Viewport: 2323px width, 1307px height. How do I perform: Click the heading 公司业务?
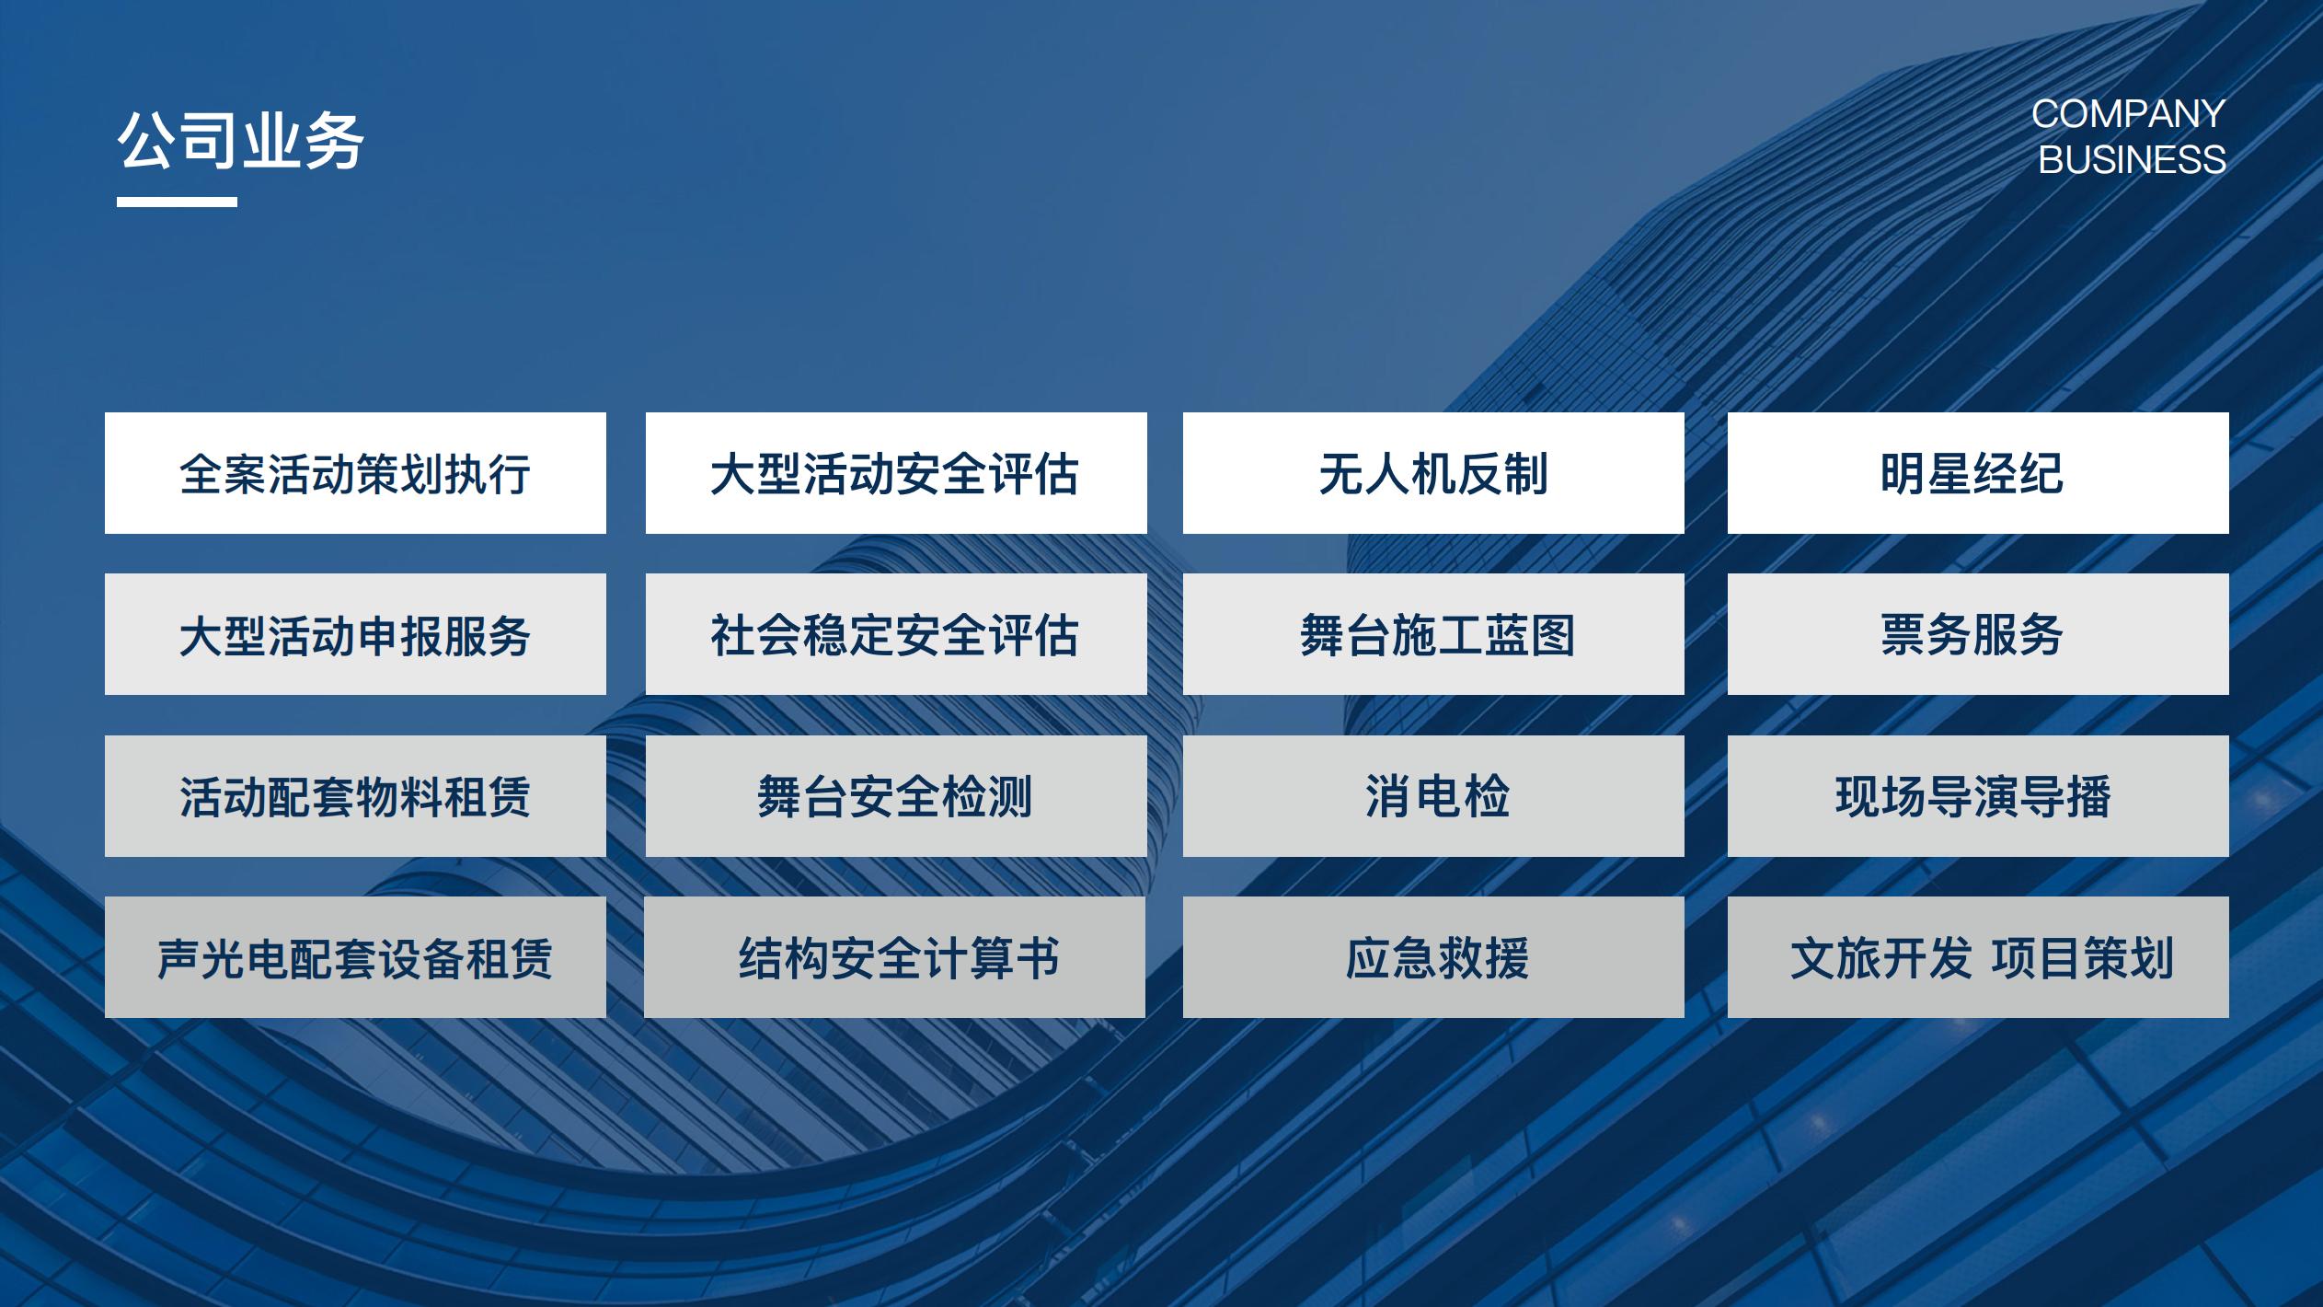tap(241, 142)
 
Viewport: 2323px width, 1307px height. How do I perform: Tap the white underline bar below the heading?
tap(177, 202)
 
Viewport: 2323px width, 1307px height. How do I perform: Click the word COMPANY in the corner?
tap(2128, 114)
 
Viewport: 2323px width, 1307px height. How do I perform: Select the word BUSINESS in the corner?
tap(2133, 159)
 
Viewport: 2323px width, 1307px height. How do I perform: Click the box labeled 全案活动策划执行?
tap(355, 473)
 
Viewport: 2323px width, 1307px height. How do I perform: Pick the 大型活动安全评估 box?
tap(896, 473)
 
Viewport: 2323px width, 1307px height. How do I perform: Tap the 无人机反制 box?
tap(1433, 473)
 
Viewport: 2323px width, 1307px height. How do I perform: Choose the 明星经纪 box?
tap(1978, 473)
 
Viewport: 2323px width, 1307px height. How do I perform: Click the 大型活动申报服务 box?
tap(355, 634)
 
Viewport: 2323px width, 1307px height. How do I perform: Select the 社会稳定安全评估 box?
tap(896, 634)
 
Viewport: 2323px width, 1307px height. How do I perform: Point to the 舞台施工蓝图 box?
tap(1433, 634)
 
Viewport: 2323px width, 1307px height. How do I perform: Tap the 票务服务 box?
tap(1978, 634)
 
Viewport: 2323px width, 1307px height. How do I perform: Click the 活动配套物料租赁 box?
tap(355, 796)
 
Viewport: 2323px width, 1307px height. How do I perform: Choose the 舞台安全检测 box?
tap(896, 796)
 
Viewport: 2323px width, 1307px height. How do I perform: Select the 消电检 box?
tap(1433, 796)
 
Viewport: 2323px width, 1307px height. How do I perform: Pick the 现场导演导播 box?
tap(1978, 796)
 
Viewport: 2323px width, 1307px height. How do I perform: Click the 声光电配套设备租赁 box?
tap(355, 957)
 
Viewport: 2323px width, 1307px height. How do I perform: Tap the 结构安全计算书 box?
tap(894, 957)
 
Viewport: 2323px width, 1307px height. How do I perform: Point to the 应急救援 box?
tap(1433, 957)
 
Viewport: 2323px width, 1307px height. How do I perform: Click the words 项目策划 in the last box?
tap(2082, 958)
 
